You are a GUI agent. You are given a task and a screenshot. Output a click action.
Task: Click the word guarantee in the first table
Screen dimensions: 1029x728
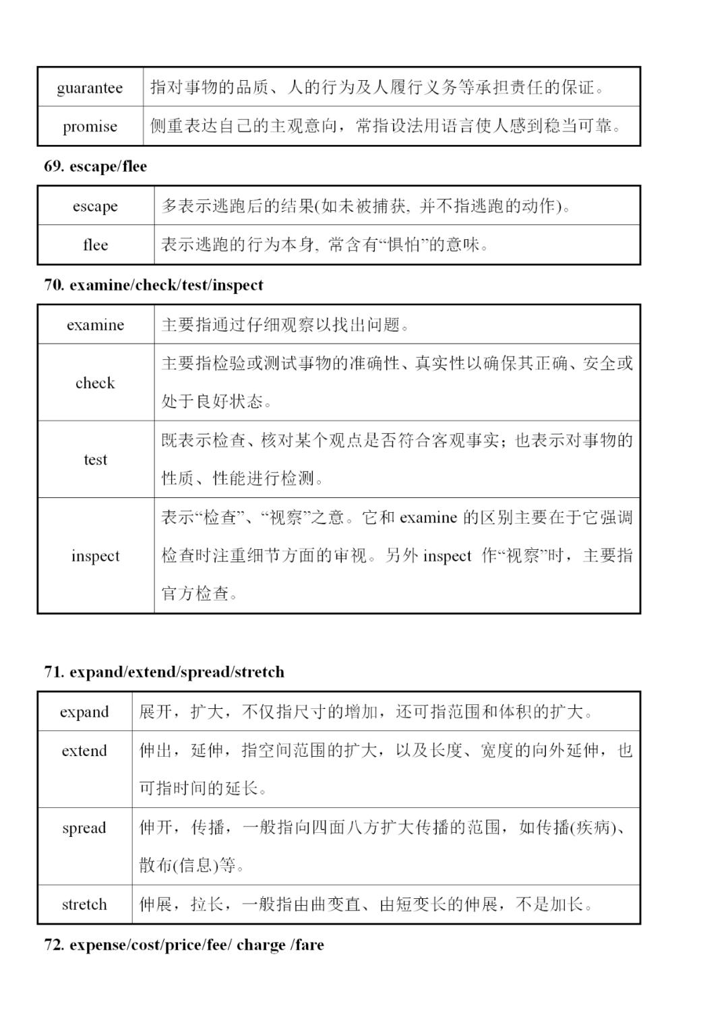(x=90, y=88)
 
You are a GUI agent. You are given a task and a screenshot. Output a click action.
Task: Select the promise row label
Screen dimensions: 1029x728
(x=90, y=127)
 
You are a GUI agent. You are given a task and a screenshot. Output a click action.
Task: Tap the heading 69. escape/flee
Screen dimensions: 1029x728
(x=95, y=166)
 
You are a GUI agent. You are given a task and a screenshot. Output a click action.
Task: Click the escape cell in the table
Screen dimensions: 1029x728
(x=95, y=206)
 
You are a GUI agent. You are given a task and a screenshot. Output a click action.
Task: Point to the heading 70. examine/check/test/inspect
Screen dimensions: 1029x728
(x=153, y=285)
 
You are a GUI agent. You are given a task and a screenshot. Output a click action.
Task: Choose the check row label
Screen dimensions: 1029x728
(x=95, y=383)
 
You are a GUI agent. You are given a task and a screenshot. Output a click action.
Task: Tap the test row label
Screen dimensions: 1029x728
(x=95, y=460)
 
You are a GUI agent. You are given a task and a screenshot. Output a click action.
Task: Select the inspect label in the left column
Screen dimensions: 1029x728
(x=95, y=556)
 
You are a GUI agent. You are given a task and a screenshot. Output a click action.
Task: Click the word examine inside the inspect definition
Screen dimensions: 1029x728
(x=428, y=518)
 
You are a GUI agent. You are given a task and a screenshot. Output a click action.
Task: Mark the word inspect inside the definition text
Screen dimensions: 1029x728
(x=447, y=557)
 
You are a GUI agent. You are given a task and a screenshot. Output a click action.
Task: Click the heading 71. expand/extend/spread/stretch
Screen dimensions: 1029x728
(x=164, y=672)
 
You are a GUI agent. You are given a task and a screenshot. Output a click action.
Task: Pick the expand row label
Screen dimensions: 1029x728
(x=84, y=712)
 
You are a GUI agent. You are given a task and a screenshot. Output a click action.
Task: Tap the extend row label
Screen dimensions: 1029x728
(x=84, y=751)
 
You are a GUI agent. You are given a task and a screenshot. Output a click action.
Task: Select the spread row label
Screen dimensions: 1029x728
(x=84, y=828)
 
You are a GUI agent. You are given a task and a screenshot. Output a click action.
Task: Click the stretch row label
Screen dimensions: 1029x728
(x=84, y=904)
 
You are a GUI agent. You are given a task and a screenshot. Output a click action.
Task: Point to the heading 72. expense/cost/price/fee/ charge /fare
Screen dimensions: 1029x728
(x=183, y=945)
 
